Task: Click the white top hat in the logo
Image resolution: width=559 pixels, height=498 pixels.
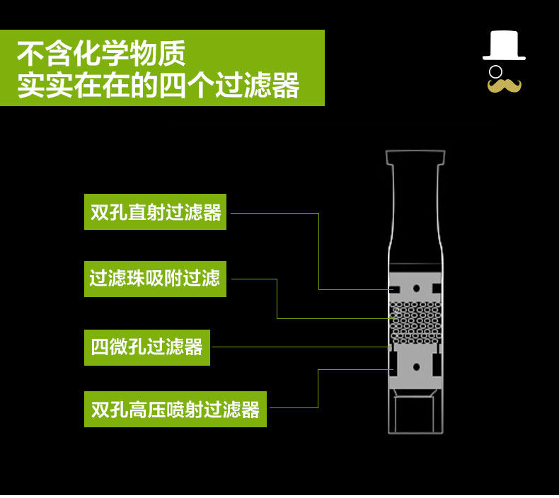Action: coord(504,48)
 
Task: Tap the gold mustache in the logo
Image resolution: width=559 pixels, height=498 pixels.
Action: coord(504,86)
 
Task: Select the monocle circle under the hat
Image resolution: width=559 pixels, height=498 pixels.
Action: coord(496,71)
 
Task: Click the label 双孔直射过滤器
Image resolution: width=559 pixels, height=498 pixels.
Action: coord(156,212)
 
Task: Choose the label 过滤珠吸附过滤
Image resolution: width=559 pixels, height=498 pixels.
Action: coord(155,278)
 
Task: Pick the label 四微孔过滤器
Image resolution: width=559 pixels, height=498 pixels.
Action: coord(146,347)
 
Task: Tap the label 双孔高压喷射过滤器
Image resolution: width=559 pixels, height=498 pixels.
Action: coord(175,409)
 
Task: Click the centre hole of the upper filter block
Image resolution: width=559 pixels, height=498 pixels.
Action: coord(416,288)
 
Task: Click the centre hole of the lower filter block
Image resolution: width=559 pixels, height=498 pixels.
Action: coord(416,366)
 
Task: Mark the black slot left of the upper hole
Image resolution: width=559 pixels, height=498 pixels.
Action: coord(395,288)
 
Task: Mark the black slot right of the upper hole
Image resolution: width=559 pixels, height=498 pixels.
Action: coord(437,288)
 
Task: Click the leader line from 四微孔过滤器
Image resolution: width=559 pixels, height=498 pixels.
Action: coord(297,347)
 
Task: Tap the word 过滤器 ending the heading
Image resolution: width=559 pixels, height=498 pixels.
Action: coord(272,85)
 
